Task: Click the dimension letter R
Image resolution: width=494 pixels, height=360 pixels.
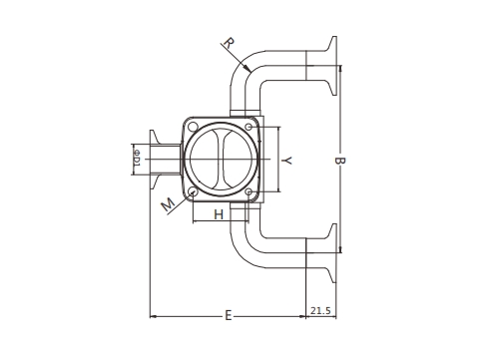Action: click(230, 44)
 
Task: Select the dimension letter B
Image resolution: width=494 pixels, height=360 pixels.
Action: click(340, 161)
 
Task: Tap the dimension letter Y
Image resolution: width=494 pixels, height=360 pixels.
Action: click(286, 161)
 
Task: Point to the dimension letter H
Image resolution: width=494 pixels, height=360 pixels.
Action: click(219, 214)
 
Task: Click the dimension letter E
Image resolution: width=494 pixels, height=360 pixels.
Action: click(229, 315)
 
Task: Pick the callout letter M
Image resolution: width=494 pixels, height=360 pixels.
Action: click(169, 204)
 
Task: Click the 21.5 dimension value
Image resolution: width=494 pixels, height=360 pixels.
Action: click(320, 311)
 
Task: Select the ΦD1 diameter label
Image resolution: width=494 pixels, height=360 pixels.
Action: click(137, 159)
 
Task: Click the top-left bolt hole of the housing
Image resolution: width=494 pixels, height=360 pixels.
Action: click(193, 127)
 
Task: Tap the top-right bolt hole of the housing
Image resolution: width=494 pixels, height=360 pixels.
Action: click(248, 127)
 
